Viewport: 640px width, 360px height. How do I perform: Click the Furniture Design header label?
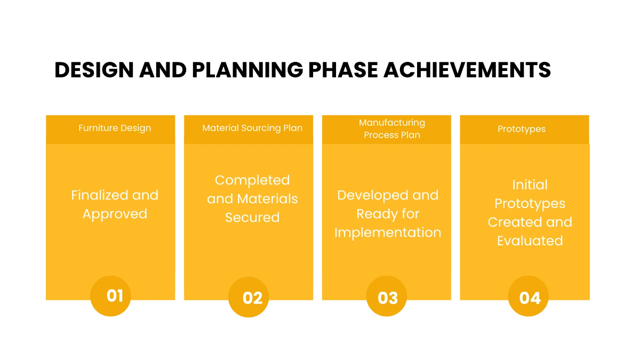tap(115, 128)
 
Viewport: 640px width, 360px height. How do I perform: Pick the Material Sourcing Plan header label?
tap(252, 128)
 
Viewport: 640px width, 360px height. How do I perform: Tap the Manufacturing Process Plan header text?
tap(392, 129)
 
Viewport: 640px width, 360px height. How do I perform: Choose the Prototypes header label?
tap(522, 129)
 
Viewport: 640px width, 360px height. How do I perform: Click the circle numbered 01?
tap(115, 295)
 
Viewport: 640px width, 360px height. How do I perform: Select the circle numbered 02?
tap(252, 297)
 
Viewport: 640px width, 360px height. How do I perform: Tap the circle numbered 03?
tap(388, 297)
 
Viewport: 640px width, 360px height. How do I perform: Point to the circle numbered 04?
tap(530, 297)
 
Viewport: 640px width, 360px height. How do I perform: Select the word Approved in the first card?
tap(115, 214)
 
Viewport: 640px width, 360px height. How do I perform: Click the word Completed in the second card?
tap(252, 180)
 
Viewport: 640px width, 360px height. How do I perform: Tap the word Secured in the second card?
tap(252, 218)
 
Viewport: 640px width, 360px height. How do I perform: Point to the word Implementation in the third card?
tap(388, 233)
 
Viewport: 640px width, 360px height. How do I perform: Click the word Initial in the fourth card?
tap(530, 185)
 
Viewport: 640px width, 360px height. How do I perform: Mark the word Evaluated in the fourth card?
tap(530, 241)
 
